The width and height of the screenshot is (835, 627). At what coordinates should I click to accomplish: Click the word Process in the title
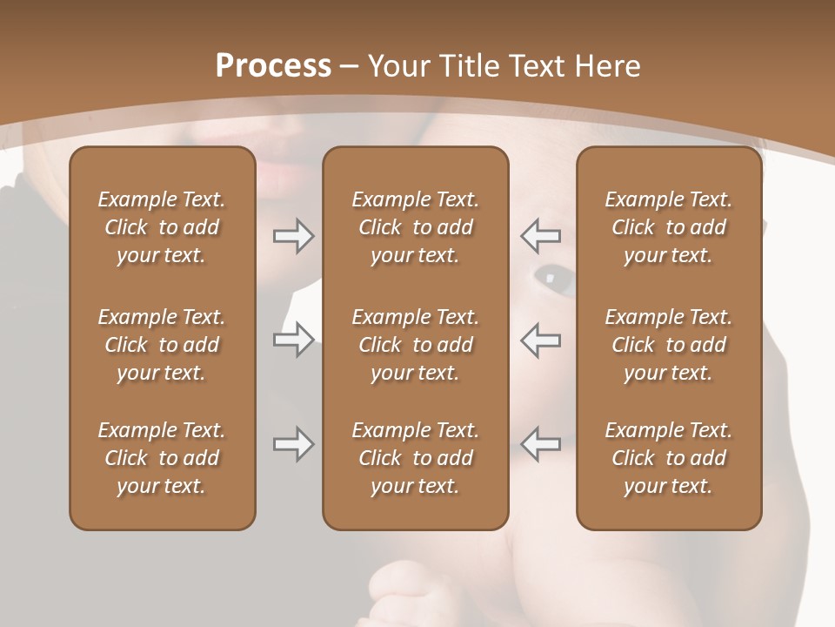pos(273,66)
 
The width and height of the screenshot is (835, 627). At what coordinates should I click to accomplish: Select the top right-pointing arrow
pos(293,236)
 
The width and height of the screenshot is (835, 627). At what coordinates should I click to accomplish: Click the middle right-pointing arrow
pos(293,340)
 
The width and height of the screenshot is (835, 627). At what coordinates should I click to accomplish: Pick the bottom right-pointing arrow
pos(293,444)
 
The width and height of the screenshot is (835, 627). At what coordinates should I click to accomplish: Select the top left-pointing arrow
pos(541,236)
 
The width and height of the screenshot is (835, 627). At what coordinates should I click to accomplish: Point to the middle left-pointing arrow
pos(541,340)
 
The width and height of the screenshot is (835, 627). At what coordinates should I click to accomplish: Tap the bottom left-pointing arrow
pos(541,444)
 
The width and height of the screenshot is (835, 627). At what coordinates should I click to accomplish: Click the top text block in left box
pos(162,227)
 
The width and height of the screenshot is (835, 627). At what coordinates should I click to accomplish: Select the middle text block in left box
pos(162,345)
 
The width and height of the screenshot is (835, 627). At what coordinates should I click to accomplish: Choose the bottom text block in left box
pos(162,458)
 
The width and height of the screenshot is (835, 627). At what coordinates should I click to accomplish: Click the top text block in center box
pos(416,227)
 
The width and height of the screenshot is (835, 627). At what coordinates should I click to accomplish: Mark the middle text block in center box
pos(416,345)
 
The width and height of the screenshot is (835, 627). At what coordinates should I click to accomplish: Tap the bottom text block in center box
pos(416,458)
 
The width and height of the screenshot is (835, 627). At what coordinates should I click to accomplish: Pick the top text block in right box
pos(669,227)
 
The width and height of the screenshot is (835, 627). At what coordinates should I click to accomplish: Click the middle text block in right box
pos(669,345)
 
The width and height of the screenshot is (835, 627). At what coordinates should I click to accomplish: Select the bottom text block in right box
pos(669,458)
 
